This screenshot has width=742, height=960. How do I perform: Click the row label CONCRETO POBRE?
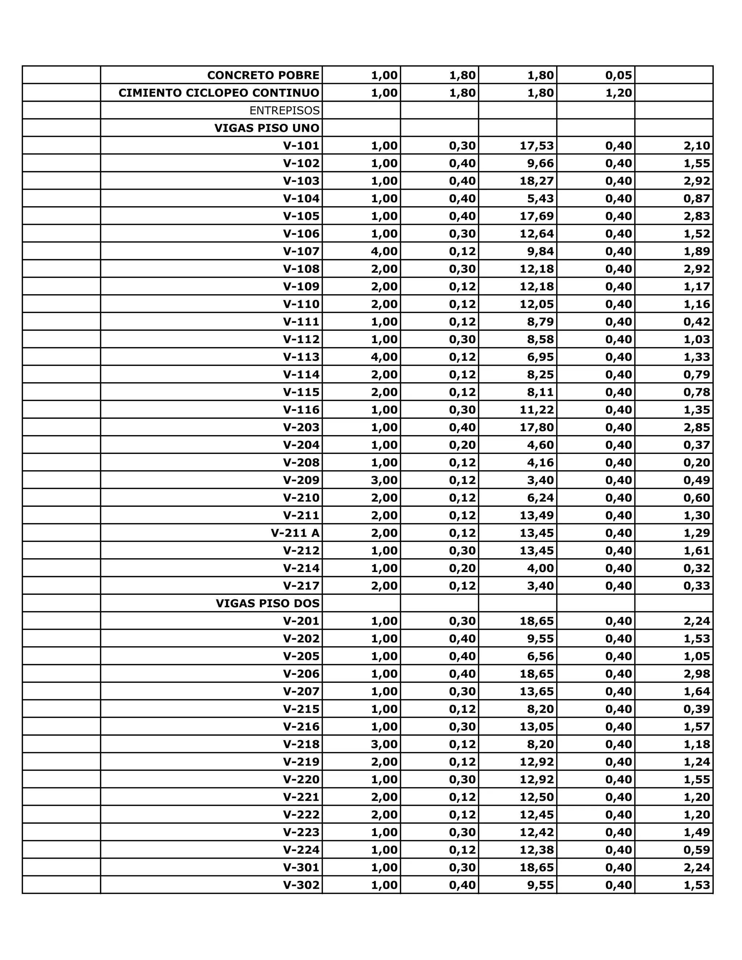pyautogui.click(x=263, y=75)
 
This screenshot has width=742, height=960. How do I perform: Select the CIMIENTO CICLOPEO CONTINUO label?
pyautogui.click(x=218, y=93)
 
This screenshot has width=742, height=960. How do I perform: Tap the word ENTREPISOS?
pyautogui.click(x=284, y=110)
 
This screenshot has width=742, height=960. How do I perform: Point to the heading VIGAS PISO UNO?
pyautogui.click(x=267, y=128)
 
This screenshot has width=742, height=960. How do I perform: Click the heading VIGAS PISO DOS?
pyautogui.click(x=267, y=603)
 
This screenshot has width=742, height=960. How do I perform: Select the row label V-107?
pyautogui.click(x=301, y=251)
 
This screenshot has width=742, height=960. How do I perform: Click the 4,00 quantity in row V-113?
pyautogui.click(x=384, y=356)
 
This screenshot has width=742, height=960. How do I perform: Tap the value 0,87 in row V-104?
pyautogui.click(x=697, y=198)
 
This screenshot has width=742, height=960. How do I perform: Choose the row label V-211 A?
pyautogui.click(x=295, y=533)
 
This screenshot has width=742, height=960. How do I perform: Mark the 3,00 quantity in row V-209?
pyautogui.click(x=384, y=480)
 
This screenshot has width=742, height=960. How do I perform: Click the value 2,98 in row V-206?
pyautogui.click(x=697, y=673)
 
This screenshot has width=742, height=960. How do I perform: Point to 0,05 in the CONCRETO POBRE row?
pyautogui.click(x=618, y=75)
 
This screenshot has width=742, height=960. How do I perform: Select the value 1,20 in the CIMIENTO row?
pyautogui.click(x=618, y=93)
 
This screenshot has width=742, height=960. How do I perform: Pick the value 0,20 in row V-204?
pyautogui.click(x=462, y=445)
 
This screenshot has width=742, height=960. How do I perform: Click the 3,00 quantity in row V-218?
pyautogui.click(x=384, y=744)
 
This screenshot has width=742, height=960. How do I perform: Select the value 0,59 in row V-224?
pyautogui.click(x=697, y=850)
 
